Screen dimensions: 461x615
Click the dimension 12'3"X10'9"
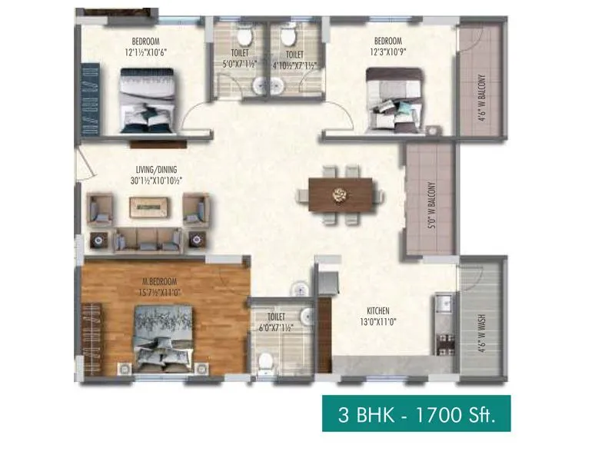(387, 51)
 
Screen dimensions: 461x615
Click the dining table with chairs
(341, 194)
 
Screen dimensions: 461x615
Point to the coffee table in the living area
(150, 206)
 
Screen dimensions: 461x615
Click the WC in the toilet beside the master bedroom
(266, 360)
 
